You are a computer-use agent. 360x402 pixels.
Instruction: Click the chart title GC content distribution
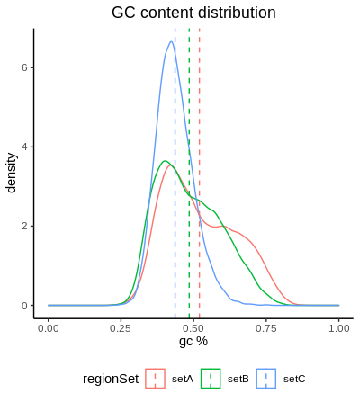tap(193, 13)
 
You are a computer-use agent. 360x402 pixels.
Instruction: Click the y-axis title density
tap(12, 172)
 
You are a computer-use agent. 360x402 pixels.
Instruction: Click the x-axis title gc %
tap(193, 341)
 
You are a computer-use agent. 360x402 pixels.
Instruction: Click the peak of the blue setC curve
tap(171, 41)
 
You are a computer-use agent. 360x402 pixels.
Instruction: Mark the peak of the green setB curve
tap(164, 161)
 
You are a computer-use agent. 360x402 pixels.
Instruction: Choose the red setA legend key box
tap(155, 379)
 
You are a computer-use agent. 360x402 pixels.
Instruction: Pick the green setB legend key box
tap(211, 379)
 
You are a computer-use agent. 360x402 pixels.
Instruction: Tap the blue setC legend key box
tap(266, 379)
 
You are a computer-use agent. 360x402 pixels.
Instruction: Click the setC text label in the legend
tap(294, 379)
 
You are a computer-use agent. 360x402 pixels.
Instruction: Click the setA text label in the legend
tap(183, 379)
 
